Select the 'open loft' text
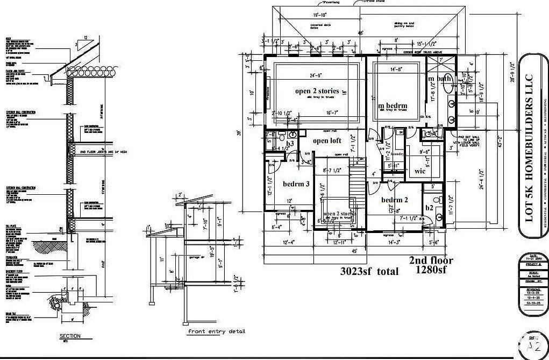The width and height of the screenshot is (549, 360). point(327,140)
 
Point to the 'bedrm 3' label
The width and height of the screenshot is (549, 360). point(296,184)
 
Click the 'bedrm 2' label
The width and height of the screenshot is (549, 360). point(395,200)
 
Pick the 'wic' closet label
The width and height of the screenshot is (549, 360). point(420,171)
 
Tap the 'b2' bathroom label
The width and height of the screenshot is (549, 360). point(429,208)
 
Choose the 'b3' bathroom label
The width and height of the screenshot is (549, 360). point(290,144)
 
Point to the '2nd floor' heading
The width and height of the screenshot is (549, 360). point(431,260)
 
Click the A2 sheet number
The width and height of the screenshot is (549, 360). point(533,345)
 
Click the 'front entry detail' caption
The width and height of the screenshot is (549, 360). point(216,331)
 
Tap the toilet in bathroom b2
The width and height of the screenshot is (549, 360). point(438,200)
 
